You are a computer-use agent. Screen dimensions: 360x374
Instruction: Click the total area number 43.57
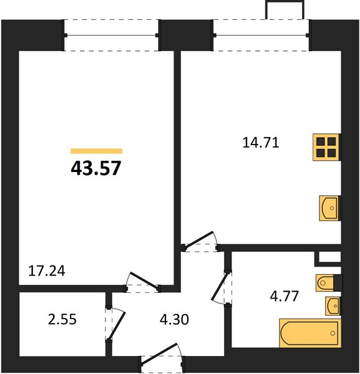pyautogui.click(x=96, y=168)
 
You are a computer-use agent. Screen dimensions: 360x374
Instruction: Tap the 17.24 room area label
pyautogui.click(x=47, y=271)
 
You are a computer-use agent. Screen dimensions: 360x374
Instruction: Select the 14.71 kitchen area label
pyautogui.click(x=261, y=143)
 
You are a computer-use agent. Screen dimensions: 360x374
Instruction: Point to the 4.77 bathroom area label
pyautogui.click(x=285, y=296)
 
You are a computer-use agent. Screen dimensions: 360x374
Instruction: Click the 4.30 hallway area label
pyautogui.click(x=174, y=319)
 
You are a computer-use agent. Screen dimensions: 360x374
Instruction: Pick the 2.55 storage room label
pyautogui.click(x=62, y=319)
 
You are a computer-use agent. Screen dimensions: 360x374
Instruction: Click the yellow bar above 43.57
pyautogui.click(x=97, y=151)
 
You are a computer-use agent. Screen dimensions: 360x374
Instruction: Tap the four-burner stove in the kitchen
pyautogui.click(x=326, y=147)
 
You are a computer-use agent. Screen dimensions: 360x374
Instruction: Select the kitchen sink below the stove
pyautogui.click(x=329, y=208)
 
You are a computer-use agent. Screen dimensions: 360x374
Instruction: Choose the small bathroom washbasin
pyautogui.click(x=333, y=306)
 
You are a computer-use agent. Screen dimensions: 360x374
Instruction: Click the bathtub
pyautogui.click(x=310, y=333)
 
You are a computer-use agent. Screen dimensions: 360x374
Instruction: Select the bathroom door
pyautogui.click(x=221, y=287)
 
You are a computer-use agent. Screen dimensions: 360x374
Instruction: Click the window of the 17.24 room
pyautogui.click(x=111, y=36)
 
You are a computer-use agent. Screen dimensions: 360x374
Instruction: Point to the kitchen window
pyautogui.click(x=261, y=36)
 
